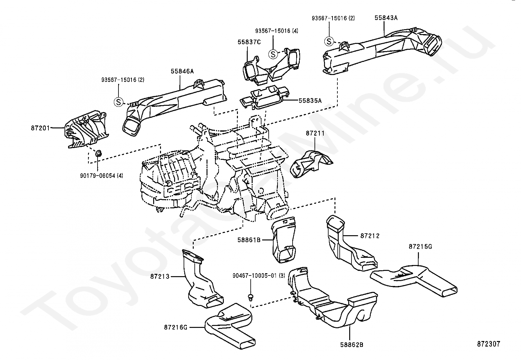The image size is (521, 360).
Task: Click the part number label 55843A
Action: point(386,18)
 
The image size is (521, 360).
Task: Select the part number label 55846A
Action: point(182,71)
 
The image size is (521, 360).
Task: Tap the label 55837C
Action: point(249,42)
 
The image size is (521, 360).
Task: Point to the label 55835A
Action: point(310,101)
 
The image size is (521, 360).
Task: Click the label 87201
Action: point(40,128)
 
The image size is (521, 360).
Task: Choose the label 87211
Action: point(315,133)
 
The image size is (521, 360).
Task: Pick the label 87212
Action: point(370,236)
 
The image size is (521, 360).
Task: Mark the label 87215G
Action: point(420,247)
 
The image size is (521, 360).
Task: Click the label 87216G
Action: point(176,327)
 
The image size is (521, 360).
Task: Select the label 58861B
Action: point(249,240)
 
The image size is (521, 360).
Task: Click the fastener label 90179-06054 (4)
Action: point(102,176)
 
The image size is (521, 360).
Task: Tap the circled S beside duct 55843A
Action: point(329,42)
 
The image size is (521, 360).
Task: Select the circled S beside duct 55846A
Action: point(118,102)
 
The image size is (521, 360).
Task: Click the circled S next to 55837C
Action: point(273,54)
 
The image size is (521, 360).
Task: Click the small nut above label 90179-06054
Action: point(99,153)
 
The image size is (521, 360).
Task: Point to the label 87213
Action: point(160,277)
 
